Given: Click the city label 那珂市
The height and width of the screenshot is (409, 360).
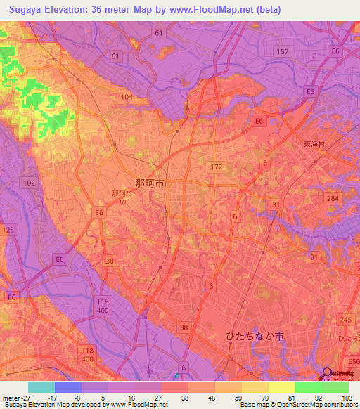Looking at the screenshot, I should (150, 182).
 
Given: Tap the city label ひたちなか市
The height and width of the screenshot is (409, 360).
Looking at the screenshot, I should (255, 337).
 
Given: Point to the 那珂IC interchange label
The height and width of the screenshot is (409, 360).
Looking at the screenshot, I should (122, 194).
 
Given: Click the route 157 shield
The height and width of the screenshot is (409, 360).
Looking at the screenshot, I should (283, 52).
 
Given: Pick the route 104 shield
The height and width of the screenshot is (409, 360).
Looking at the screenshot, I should (127, 96).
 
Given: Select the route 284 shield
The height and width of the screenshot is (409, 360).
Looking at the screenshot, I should (332, 199).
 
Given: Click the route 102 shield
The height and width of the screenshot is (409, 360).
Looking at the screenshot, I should (29, 183).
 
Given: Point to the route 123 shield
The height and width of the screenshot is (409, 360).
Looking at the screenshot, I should (8, 230).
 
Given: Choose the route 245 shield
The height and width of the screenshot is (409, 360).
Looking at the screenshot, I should (344, 320).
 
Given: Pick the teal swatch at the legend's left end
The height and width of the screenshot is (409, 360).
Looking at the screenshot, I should (41, 387).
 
